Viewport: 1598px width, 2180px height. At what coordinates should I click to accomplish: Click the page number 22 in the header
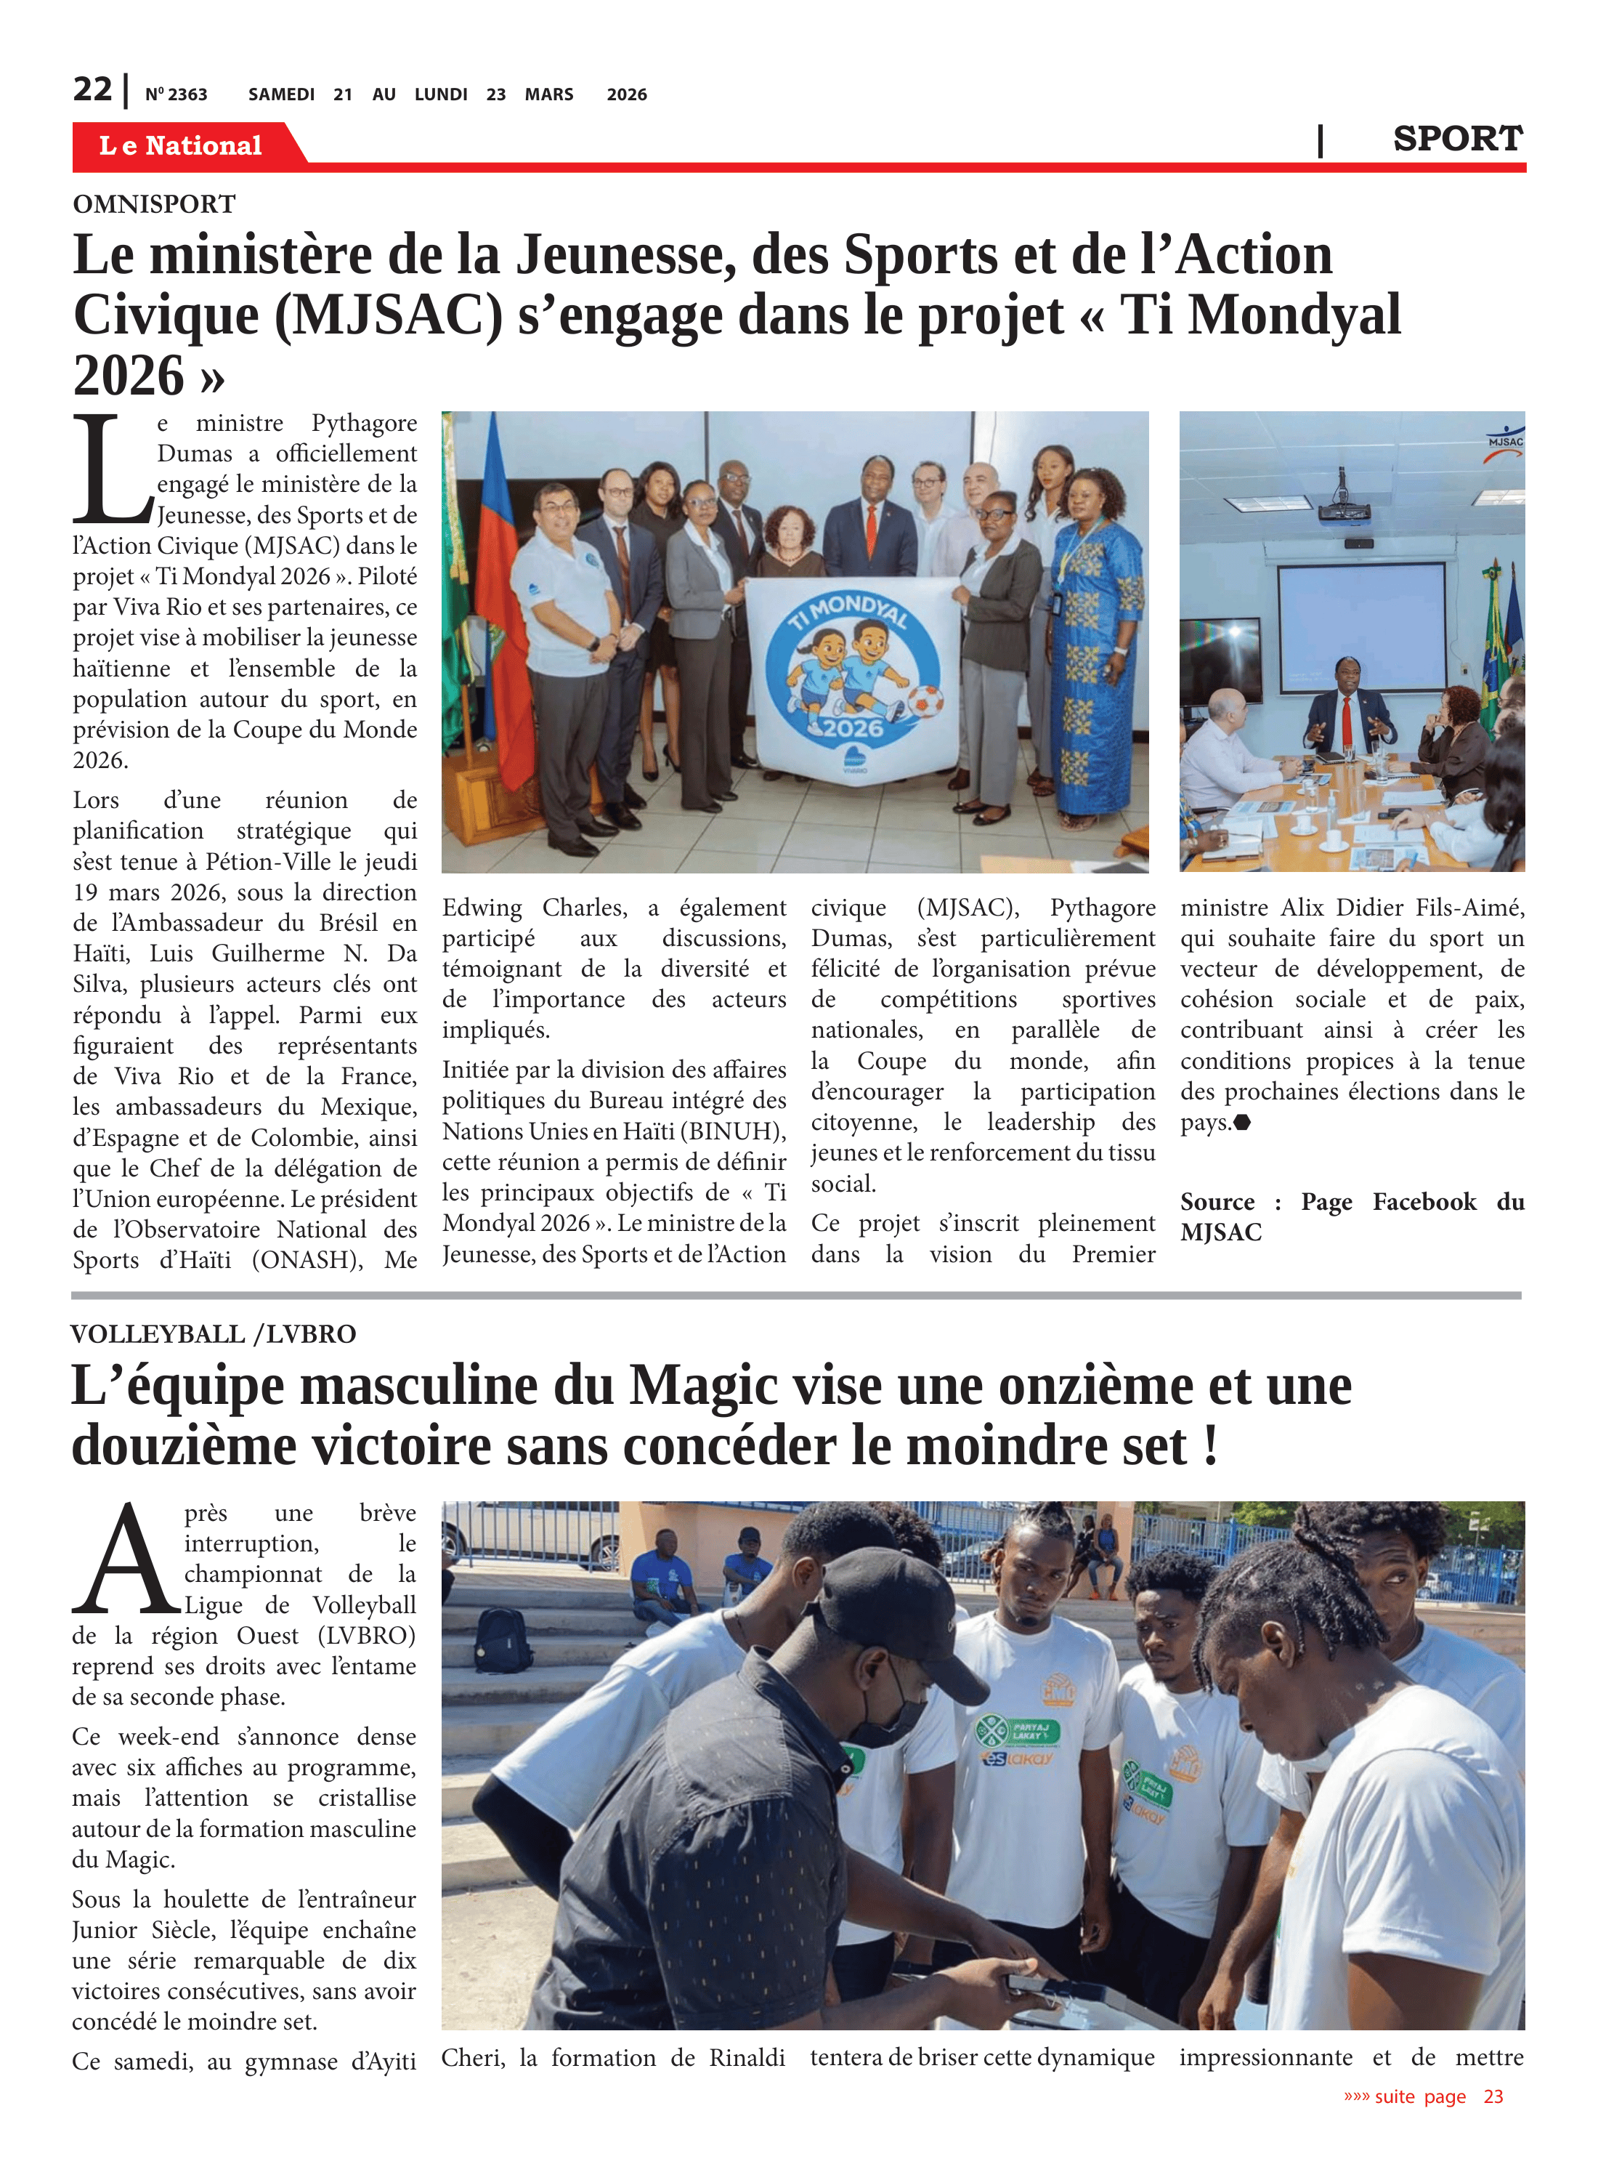point(92,89)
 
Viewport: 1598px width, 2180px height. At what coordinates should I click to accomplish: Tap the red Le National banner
point(181,145)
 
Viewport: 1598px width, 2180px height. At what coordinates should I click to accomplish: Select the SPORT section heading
point(1457,138)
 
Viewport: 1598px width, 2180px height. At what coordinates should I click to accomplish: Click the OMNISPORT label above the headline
point(154,204)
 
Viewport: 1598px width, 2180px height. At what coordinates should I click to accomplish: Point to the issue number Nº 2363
point(176,94)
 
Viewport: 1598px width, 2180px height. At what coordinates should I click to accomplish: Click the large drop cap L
point(111,468)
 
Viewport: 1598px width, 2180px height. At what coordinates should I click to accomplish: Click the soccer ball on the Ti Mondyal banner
point(925,700)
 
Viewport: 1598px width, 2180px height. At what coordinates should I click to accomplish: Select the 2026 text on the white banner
point(852,727)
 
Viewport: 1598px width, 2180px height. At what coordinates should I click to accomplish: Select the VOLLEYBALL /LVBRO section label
point(214,1334)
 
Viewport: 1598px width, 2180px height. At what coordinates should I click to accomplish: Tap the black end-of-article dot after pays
point(1242,1123)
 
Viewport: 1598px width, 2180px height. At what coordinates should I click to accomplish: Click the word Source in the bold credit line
point(1217,1202)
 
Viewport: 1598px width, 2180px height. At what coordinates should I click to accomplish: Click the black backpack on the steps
point(503,1639)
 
